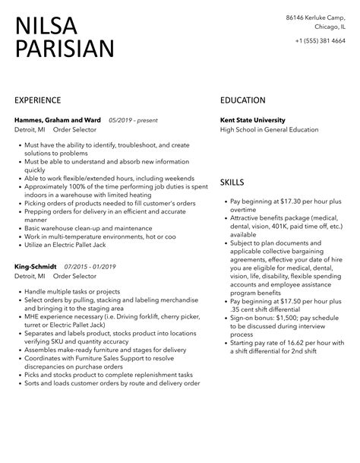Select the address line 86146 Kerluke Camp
pos(317,17)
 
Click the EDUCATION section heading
pos(242,100)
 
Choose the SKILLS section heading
pos(232,182)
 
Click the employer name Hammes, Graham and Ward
pos(58,119)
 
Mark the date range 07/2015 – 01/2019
pos(90,267)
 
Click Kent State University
pos(253,119)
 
